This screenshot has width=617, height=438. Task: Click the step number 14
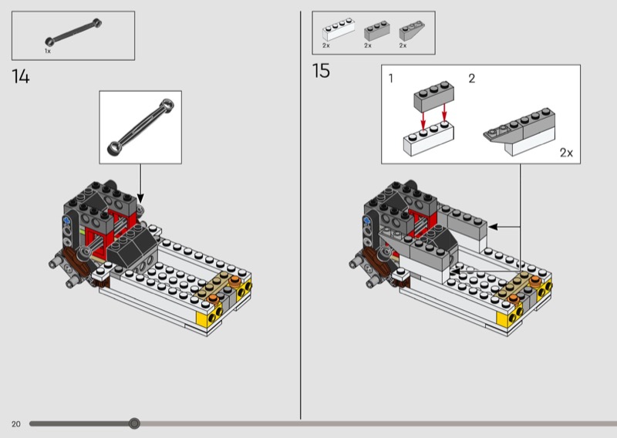pos(21,76)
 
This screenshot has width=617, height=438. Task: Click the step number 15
pos(321,71)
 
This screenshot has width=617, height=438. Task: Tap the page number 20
pos(15,424)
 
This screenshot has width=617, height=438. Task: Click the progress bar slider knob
pos(134,423)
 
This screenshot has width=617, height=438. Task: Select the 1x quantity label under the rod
pos(48,51)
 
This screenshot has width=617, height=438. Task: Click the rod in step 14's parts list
pos(73,31)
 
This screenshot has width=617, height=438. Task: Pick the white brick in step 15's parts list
pos(339,29)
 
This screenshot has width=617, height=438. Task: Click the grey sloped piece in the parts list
pos(412,31)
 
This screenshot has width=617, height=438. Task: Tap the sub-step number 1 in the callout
pos(391,79)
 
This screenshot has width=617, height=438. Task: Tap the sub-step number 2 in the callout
pos(472,79)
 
